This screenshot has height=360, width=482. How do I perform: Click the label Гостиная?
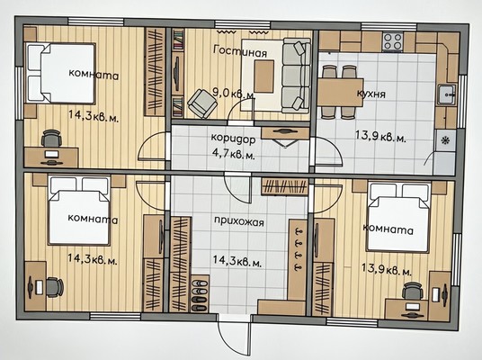point(240,51)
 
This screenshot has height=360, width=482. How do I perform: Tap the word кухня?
point(371,94)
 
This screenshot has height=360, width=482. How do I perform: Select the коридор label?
point(233,139)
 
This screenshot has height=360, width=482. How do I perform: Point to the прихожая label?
point(239,221)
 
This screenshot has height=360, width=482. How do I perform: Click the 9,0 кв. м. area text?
point(234,94)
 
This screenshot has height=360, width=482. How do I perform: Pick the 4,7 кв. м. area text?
point(234,153)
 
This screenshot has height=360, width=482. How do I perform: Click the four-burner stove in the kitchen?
point(393,41)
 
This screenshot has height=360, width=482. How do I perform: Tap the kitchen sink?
point(447,94)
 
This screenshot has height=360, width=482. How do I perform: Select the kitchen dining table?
point(340,93)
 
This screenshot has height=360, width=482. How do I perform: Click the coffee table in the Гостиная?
point(263,76)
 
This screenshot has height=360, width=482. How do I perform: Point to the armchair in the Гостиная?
point(202,103)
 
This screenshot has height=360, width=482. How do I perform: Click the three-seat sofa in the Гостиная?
point(297,76)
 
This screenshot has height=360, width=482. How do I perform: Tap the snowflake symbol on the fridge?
point(445,140)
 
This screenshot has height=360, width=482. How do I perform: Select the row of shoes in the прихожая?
point(200,295)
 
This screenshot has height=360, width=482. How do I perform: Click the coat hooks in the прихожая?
point(298,249)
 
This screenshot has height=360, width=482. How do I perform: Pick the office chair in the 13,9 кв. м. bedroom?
point(413,291)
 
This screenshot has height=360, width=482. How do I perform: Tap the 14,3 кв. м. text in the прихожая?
point(237,261)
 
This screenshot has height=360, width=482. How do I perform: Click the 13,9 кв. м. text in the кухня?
point(380,136)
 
